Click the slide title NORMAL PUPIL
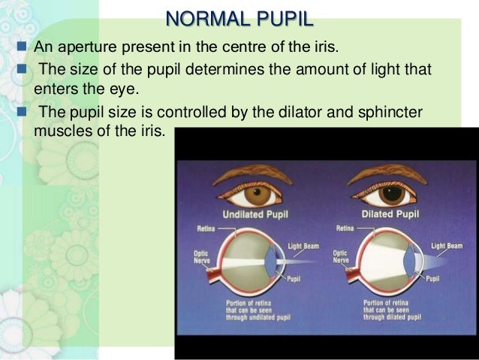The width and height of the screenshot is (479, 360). [239, 17]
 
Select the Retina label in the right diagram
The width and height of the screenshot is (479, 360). [345, 228]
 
